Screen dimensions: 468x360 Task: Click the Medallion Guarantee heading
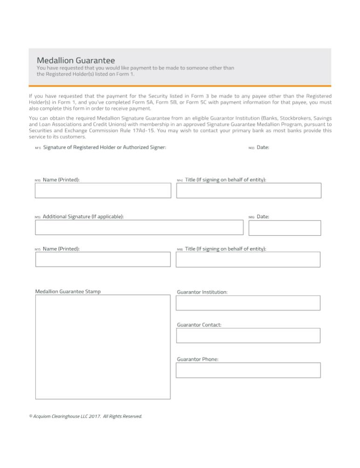tap(75, 60)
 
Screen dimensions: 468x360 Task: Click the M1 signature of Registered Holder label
tap(104, 147)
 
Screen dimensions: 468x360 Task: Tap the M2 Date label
tap(263, 147)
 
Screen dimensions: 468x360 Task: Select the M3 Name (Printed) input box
tap(103, 191)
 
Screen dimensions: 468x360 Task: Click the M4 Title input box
tap(248, 191)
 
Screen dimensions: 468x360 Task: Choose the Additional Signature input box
tap(139, 227)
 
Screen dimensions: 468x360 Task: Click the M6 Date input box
tap(285, 228)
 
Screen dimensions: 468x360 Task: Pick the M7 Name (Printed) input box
tap(103, 259)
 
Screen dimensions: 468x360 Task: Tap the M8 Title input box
tap(248, 259)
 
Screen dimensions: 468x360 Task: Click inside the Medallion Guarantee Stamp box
tap(103, 347)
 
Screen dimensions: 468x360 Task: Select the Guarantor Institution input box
tap(248, 303)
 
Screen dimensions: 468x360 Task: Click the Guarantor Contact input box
tap(248, 336)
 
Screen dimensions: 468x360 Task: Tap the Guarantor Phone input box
tap(248, 370)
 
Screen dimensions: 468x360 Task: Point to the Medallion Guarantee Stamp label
tap(68, 292)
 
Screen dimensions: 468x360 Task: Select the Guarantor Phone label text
tap(197, 359)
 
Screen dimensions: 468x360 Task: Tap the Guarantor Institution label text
tap(202, 292)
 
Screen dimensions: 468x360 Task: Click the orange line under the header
tap(180, 86)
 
